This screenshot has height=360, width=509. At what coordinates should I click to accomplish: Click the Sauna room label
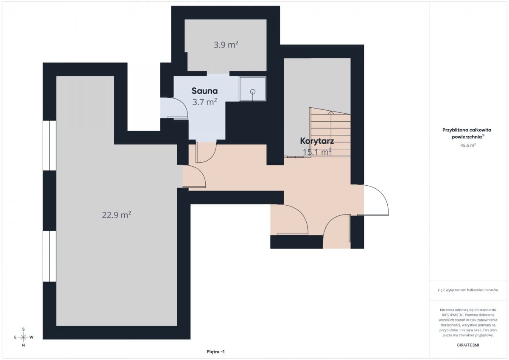pos(204,91)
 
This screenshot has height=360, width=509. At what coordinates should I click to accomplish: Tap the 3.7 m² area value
pos(204,102)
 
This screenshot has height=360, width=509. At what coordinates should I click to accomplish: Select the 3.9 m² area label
pos(226,45)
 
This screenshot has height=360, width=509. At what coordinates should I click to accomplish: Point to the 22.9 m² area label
pos(117,215)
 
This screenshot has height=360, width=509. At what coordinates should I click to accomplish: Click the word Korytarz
pos(317,141)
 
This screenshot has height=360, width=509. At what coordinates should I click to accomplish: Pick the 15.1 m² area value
pos(317,152)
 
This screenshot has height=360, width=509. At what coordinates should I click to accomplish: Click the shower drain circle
pos(253,92)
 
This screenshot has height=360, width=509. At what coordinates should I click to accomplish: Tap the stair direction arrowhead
pos(331,112)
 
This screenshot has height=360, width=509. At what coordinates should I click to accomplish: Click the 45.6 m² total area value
pos(468,145)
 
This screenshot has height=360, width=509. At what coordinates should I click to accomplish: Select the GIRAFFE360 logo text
pos(468,345)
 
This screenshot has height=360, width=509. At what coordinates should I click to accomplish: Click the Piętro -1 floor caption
pos(215,352)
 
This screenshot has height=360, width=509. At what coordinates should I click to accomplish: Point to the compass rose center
pos(23,337)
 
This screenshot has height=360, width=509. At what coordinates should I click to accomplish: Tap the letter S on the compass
pos(23,329)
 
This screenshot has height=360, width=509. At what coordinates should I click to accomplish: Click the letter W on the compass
pos(31,337)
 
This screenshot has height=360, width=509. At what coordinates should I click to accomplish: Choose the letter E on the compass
pos(15,337)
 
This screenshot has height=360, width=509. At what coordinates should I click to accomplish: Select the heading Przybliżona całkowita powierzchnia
pos(467,133)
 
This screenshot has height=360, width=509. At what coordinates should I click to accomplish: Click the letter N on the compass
pos(23,346)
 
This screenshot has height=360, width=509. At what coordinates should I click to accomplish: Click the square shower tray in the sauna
pos(252,89)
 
